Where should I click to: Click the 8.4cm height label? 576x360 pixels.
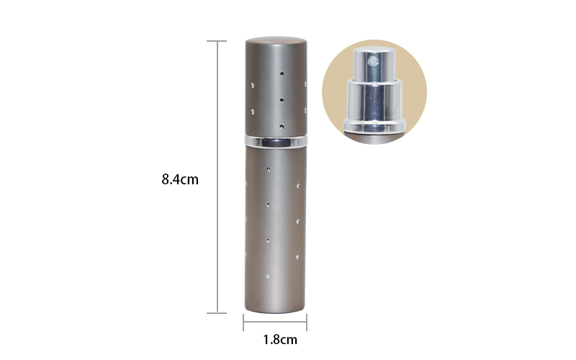[x=179, y=179]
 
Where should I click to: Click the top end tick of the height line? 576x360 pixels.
[x=217, y=42]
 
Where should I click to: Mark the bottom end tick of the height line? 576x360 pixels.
[x=217, y=312]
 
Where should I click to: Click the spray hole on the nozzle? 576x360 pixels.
[x=373, y=62]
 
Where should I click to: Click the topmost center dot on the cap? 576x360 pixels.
[x=282, y=73]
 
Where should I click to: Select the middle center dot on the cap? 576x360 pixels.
[x=282, y=100]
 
